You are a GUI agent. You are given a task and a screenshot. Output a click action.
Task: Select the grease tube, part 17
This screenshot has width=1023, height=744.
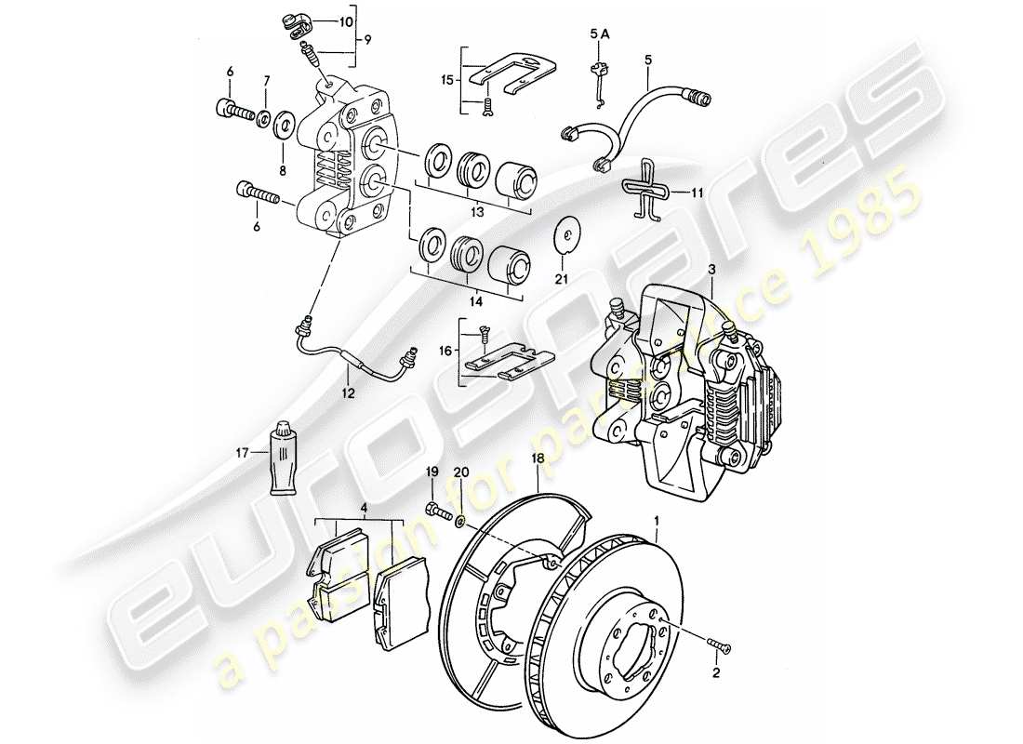click(x=283, y=461)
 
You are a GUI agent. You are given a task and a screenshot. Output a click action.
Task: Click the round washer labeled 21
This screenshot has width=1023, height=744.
click(x=564, y=234)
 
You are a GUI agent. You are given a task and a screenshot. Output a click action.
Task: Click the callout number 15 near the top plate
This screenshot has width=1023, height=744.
click(x=449, y=81)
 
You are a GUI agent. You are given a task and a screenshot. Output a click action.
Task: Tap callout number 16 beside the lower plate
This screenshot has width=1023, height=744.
click(x=446, y=352)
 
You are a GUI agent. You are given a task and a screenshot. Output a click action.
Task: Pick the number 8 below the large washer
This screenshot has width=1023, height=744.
click(x=285, y=145)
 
